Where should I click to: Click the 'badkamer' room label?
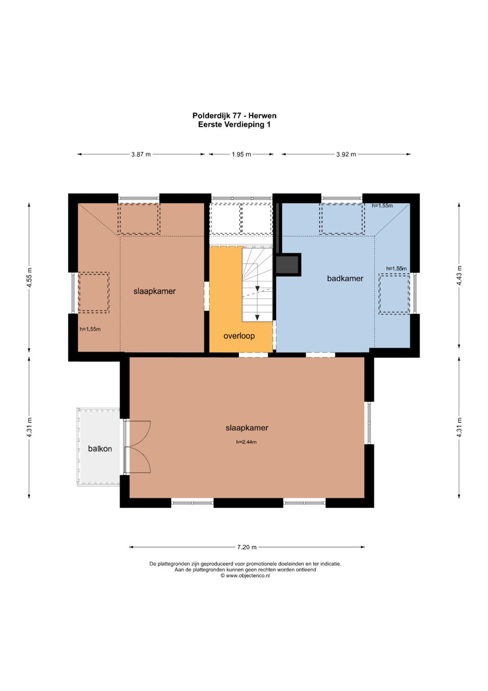[x=345, y=278]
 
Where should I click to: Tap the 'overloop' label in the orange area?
[x=239, y=336]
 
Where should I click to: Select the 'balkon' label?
[x=100, y=448]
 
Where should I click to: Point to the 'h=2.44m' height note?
[x=246, y=442]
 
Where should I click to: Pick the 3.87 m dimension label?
[x=141, y=154]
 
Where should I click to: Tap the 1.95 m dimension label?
[x=241, y=154]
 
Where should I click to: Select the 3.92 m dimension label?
[x=346, y=154]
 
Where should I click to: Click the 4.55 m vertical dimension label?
[x=29, y=277]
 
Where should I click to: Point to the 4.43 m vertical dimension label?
[x=459, y=276]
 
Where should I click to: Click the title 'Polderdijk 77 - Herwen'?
[x=235, y=116]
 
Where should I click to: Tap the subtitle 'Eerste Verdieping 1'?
[x=235, y=124]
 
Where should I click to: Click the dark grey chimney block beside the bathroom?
[x=288, y=264]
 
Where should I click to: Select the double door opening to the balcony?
[x=137, y=447]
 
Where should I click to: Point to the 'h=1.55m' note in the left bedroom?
[x=90, y=329]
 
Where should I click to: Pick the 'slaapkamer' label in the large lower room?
[x=247, y=428]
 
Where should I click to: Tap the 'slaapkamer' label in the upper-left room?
[x=155, y=291]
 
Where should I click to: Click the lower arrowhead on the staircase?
[x=257, y=318]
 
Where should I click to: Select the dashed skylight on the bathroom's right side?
[x=394, y=294]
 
